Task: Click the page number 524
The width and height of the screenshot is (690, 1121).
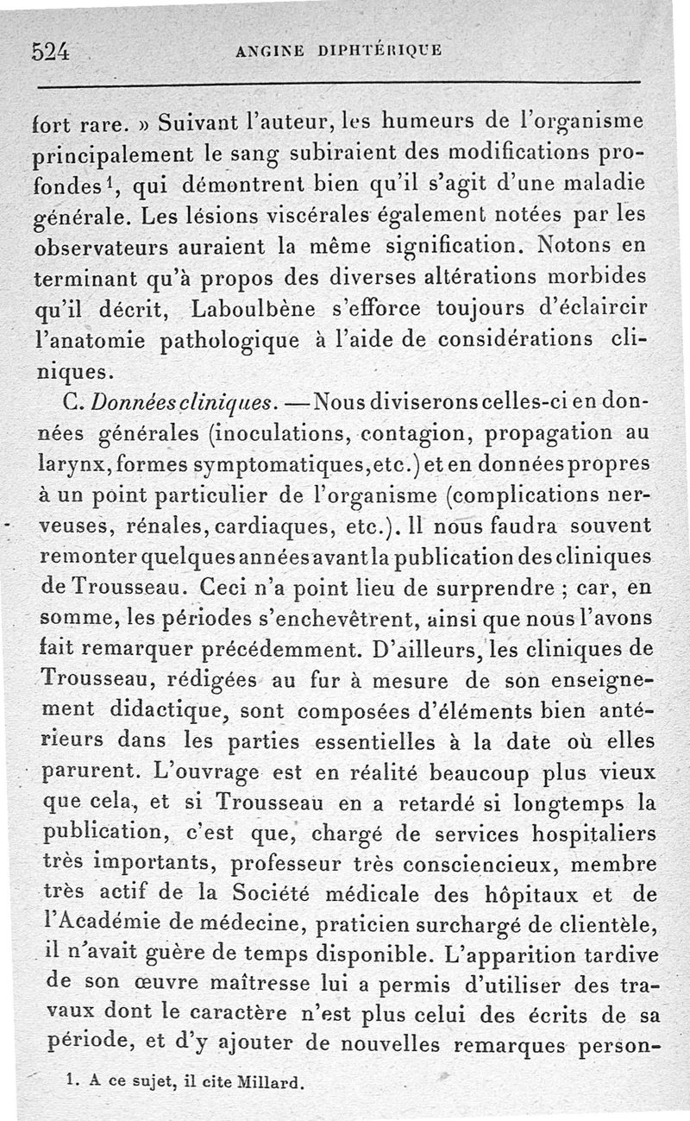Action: (51, 50)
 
